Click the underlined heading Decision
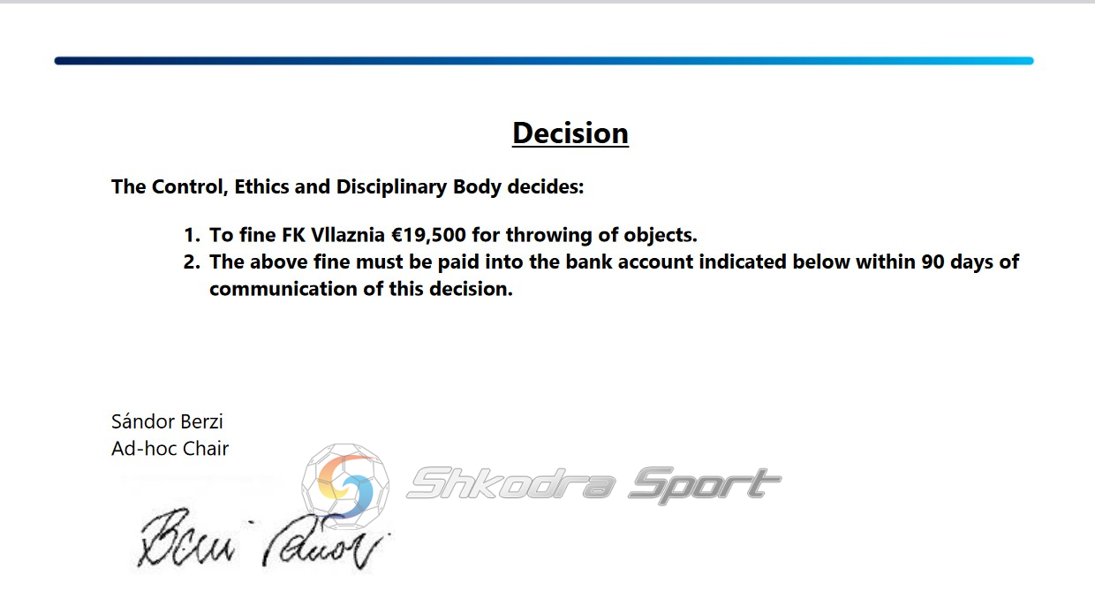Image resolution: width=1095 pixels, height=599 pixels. (570, 133)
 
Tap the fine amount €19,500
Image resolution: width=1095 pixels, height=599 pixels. (428, 235)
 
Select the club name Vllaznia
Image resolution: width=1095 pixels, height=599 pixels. (348, 235)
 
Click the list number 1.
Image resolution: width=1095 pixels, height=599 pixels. (192, 235)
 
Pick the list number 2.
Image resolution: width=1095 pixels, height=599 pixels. (192, 262)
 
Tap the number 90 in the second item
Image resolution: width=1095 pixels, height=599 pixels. (933, 262)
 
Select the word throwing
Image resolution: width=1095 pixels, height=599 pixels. (549, 236)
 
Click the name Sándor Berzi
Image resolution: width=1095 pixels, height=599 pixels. (167, 421)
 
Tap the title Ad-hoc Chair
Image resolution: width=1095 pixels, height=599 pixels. (170, 449)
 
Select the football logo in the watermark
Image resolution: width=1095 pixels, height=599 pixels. (345, 486)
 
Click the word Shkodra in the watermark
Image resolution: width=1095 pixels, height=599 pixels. (511, 483)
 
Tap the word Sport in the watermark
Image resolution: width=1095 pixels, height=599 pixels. (705, 485)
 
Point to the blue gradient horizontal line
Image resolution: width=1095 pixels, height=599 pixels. (544, 61)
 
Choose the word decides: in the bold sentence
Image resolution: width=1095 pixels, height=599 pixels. (546, 186)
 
